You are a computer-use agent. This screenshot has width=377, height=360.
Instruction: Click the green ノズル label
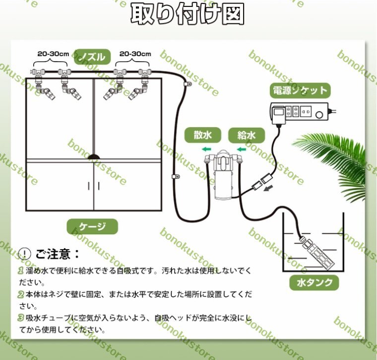tap(92, 57)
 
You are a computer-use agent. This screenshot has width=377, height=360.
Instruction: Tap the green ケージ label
tap(92, 226)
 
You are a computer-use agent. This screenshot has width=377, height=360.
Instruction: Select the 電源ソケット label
tap(300, 91)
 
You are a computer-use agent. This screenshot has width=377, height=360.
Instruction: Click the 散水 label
tap(203, 135)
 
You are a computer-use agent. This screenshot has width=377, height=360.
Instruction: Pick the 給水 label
tap(247, 135)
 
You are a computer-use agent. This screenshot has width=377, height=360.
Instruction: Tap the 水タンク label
tap(314, 283)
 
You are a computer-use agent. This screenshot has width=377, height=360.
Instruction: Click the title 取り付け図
tap(188, 14)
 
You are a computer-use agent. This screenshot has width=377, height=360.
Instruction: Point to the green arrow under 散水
tap(206, 149)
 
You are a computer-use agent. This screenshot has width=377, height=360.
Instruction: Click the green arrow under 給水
tap(242, 149)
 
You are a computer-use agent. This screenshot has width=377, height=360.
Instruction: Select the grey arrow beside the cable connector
tap(268, 188)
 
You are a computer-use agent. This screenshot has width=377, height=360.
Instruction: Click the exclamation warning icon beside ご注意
tap(24, 254)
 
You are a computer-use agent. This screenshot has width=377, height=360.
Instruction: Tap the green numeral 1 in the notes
tap(21, 271)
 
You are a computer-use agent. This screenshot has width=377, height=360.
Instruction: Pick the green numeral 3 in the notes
tap(21, 318)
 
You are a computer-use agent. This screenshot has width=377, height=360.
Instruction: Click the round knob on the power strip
tap(319, 115)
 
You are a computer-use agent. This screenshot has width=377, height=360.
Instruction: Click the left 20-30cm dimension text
tap(53, 54)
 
